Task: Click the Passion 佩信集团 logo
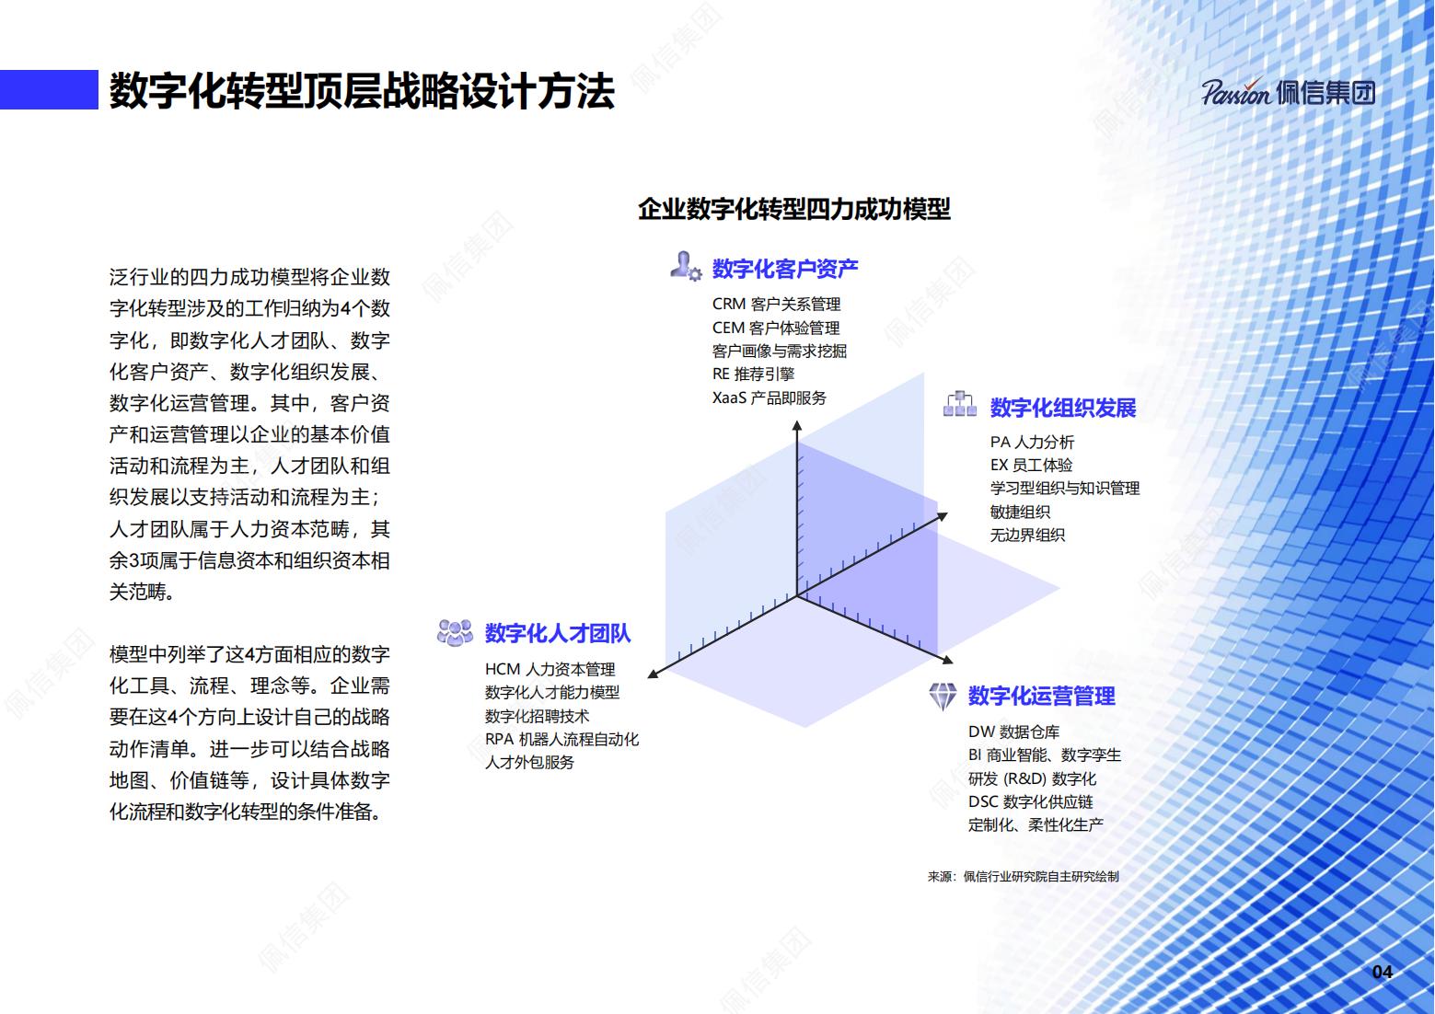click(1288, 93)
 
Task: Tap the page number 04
click(1382, 973)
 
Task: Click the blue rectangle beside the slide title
click(49, 89)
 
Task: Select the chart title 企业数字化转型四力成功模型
click(793, 209)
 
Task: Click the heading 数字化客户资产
click(785, 269)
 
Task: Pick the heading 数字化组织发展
click(1063, 408)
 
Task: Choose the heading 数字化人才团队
click(558, 633)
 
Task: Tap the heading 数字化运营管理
click(1042, 696)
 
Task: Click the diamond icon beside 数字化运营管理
click(943, 696)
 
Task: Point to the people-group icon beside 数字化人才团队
click(455, 632)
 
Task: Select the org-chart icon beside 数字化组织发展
click(960, 404)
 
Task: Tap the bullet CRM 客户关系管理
click(776, 304)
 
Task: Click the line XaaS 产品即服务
click(769, 398)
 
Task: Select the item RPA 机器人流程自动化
click(561, 739)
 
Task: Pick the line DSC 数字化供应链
click(1030, 801)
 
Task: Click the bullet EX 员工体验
click(1031, 465)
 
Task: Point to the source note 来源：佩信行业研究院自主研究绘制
click(1023, 876)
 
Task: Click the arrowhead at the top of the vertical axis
click(797, 425)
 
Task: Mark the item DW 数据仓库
click(1013, 732)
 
